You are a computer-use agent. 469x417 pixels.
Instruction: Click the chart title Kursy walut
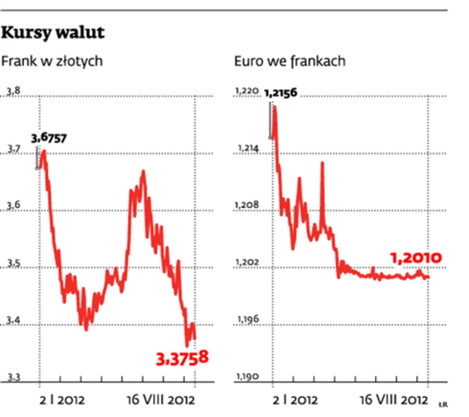(53, 33)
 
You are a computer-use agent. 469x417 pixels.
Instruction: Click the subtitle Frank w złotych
(52, 61)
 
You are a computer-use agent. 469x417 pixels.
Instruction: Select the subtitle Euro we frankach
(290, 61)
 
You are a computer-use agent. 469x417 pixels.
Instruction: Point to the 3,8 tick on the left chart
(13, 91)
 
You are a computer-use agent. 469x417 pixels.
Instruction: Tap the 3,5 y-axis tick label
(13, 265)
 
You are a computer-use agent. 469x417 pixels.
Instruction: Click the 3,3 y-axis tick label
(13, 378)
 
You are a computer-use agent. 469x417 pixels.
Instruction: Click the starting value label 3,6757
(49, 138)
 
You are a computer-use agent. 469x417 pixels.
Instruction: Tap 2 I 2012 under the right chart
(296, 400)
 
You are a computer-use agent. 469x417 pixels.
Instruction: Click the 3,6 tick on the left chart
(13, 206)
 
